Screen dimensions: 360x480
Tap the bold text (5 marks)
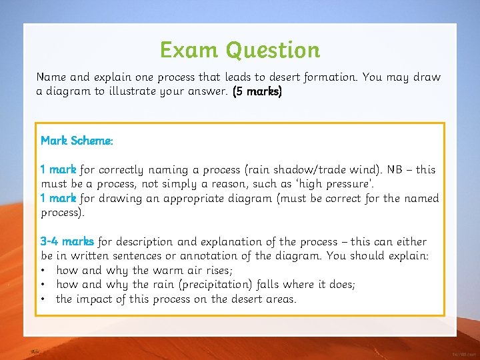257,91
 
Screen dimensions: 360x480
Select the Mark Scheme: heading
77,141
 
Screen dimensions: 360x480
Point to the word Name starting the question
51,77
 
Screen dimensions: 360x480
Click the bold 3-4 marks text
67,241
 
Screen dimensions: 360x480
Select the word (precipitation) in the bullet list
253,285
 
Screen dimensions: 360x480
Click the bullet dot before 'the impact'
43,299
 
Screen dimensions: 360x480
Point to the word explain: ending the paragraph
408,256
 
